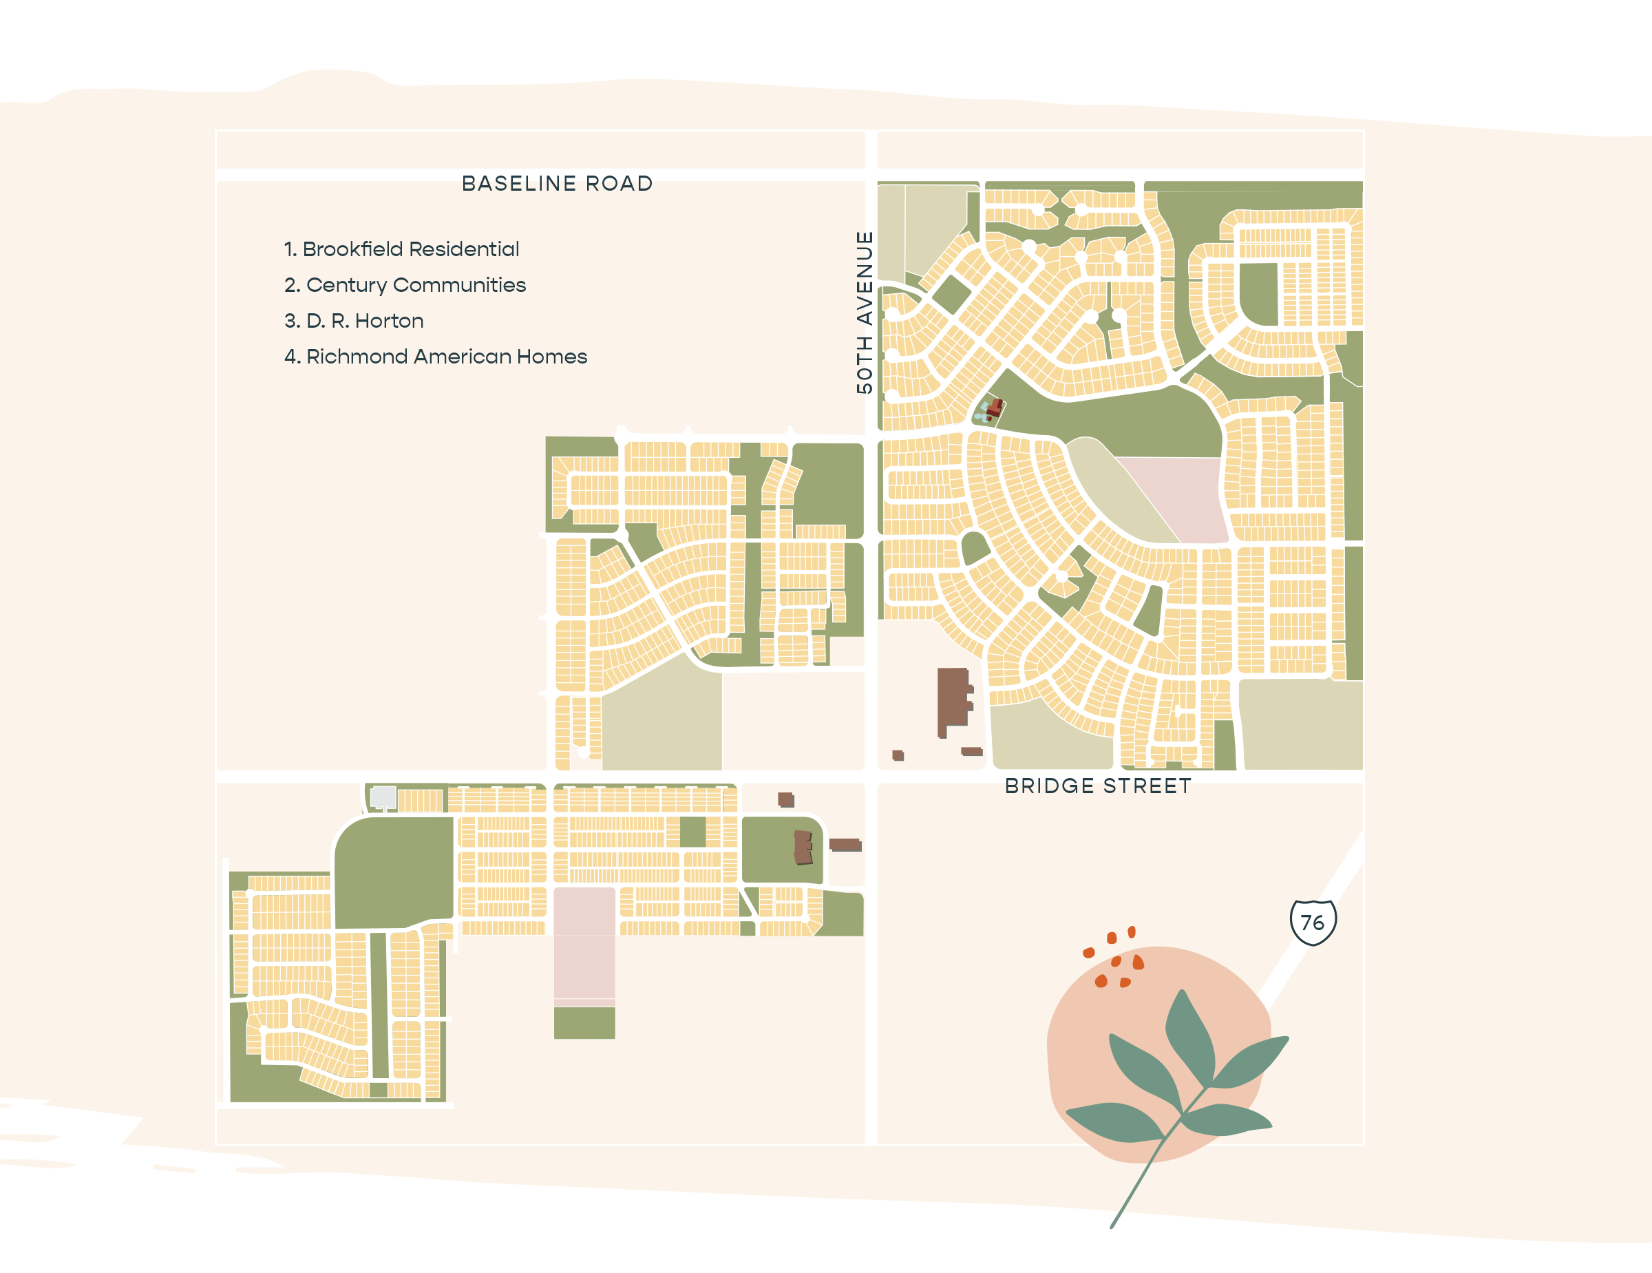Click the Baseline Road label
[557, 184]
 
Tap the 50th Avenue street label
[864, 312]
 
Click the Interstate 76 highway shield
[1313, 922]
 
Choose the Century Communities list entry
[405, 285]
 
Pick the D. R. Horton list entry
[353, 321]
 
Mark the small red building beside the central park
[994, 409]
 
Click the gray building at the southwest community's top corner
[383, 797]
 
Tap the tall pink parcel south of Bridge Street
[584, 945]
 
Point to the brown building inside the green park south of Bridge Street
[803, 846]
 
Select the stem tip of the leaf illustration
[1112, 1225]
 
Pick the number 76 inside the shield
[1313, 923]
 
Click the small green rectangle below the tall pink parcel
[584, 1022]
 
